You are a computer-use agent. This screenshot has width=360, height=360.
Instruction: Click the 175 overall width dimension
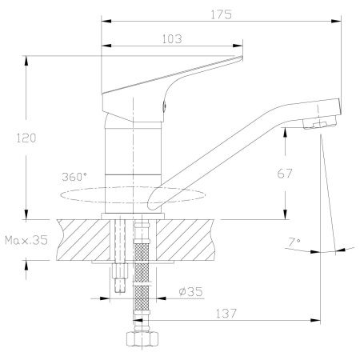click(221, 14)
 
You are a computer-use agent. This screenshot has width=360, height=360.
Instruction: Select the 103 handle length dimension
click(172, 39)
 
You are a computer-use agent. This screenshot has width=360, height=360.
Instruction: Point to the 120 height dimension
click(26, 138)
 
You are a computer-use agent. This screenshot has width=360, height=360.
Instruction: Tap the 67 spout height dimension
click(285, 174)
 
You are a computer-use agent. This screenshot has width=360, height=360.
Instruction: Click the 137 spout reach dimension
click(226, 314)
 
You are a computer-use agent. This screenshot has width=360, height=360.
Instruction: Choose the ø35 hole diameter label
click(191, 291)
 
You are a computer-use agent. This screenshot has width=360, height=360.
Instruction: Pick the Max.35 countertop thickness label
click(26, 240)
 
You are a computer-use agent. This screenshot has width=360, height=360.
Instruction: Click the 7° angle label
click(294, 242)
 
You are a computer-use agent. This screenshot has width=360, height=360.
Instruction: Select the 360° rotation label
click(74, 177)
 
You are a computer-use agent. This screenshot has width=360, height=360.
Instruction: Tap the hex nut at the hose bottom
click(142, 338)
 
